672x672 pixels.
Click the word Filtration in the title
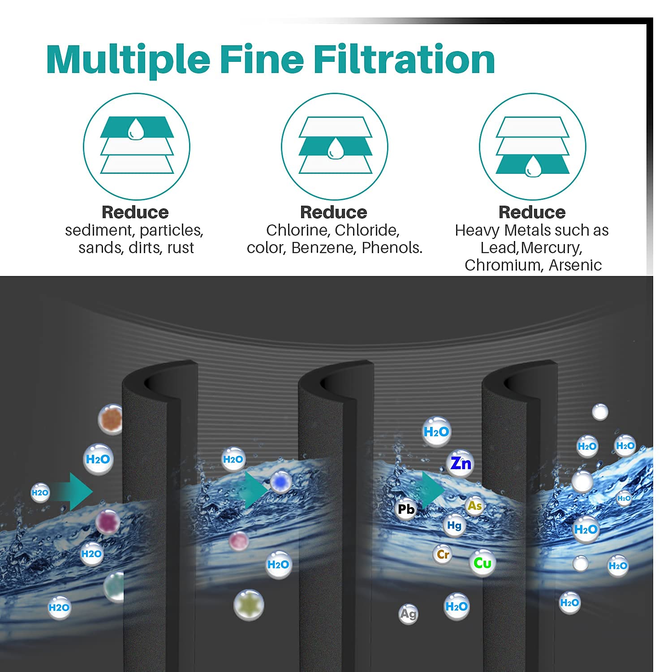(404, 60)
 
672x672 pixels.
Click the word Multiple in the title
(128, 60)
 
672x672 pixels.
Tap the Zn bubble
(461, 463)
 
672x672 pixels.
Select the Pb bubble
(406, 509)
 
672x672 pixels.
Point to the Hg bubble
(454, 526)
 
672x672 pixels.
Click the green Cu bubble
(482, 563)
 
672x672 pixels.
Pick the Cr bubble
(443, 555)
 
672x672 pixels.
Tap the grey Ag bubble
(408, 614)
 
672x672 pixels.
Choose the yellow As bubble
(474, 506)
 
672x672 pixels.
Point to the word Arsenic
(575, 265)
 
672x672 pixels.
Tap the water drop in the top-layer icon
(135, 129)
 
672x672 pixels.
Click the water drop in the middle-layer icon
(334, 149)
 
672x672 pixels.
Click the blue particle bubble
(281, 482)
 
